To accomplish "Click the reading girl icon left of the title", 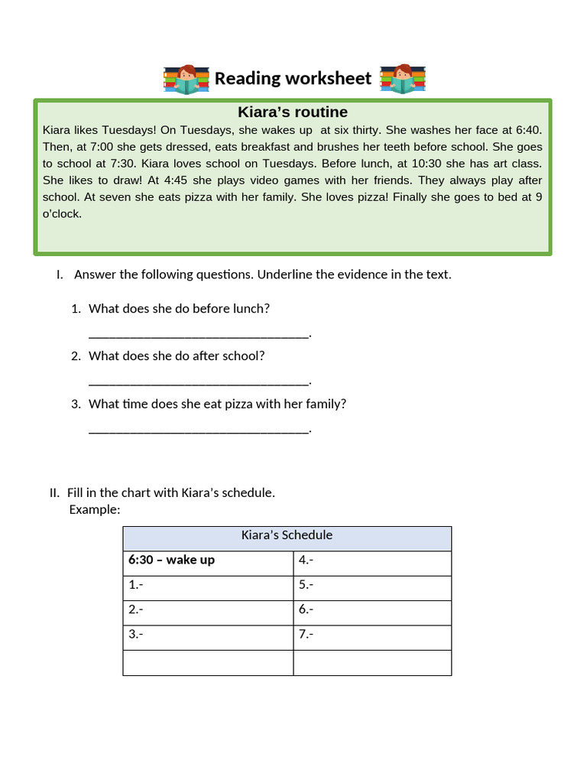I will click(186, 79).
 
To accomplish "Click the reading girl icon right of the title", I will click(402, 79).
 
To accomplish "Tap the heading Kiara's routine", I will click(293, 112).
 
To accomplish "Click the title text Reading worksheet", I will click(293, 78).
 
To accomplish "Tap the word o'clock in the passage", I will click(62, 214).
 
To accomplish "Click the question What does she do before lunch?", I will click(179, 309).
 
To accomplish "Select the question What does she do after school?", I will click(177, 356).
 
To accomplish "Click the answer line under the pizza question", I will click(199, 430).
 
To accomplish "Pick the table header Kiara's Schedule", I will click(287, 535).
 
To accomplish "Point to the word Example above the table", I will click(95, 510).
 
